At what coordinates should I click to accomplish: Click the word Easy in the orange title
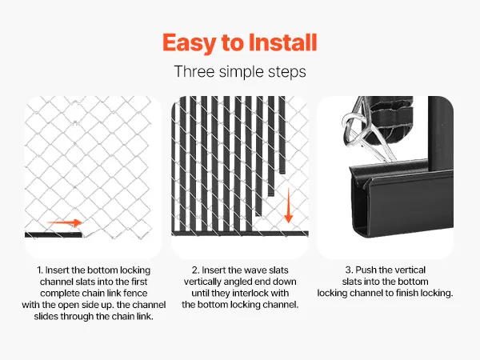coord(190,43)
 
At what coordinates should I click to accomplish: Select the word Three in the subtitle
coord(194,72)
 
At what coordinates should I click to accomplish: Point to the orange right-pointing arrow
coord(65,222)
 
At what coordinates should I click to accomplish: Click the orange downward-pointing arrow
coord(288,205)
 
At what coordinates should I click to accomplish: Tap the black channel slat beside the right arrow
coord(54,234)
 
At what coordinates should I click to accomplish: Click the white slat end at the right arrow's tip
coord(90,229)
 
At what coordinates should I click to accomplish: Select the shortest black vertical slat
coord(282,134)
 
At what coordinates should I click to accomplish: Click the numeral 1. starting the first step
coord(40,270)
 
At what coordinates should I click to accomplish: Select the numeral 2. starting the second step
coord(196,270)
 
